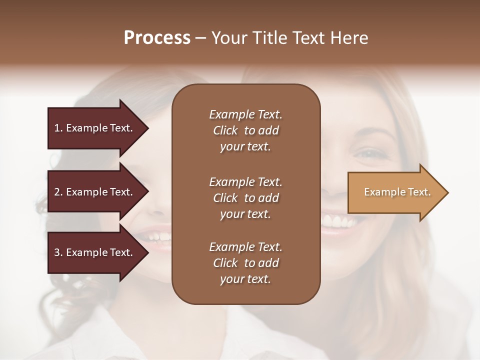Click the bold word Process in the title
point(157,38)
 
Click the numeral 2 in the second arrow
point(57,192)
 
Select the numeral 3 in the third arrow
point(57,252)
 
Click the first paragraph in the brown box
point(245,130)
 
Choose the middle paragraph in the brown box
point(245,198)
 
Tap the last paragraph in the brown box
point(245,263)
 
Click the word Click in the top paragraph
point(225,130)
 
